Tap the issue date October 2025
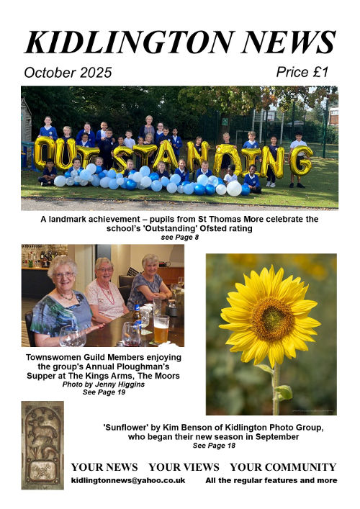click(x=68, y=72)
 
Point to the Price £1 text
click(x=302, y=71)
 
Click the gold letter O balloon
click(x=45, y=153)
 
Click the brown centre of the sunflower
click(x=272, y=320)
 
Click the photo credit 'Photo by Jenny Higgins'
click(x=103, y=385)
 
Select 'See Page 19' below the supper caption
click(x=103, y=394)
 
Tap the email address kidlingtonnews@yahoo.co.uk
click(x=128, y=480)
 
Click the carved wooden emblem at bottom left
click(x=42, y=445)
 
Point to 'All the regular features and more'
click(x=271, y=480)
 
